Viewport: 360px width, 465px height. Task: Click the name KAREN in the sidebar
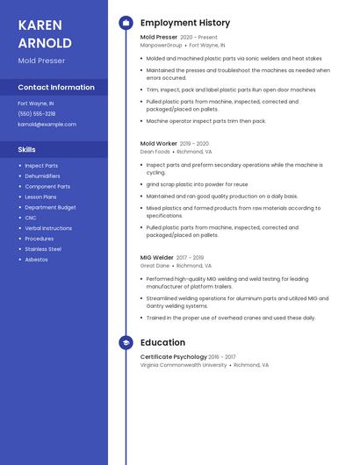(x=40, y=25)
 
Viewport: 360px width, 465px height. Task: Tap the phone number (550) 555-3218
(x=36, y=114)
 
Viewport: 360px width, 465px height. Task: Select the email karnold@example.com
(x=47, y=125)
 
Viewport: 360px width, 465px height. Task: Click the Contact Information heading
(x=56, y=88)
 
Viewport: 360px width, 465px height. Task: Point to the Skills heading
(x=26, y=150)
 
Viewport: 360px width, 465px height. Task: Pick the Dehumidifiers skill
(x=42, y=176)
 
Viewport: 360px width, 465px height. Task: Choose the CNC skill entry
(x=31, y=218)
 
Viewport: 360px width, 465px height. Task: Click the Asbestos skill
(x=36, y=260)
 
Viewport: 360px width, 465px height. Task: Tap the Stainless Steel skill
(x=43, y=249)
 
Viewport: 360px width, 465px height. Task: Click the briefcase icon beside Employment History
(x=126, y=23)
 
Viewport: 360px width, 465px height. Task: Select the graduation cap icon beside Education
(x=126, y=343)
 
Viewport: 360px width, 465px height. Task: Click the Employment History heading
(x=184, y=23)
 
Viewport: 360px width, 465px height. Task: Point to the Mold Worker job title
(x=158, y=143)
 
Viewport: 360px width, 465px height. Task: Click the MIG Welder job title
(x=157, y=258)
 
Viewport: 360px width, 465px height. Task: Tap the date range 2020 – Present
(x=198, y=38)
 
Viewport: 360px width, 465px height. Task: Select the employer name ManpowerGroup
(x=162, y=45)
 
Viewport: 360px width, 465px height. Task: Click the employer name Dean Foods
(x=155, y=151)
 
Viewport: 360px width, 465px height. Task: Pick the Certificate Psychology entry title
(x=173, y=357)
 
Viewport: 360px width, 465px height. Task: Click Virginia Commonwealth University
(x=184, y=365)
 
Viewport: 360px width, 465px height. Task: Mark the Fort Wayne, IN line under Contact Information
(x=35, y=104)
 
